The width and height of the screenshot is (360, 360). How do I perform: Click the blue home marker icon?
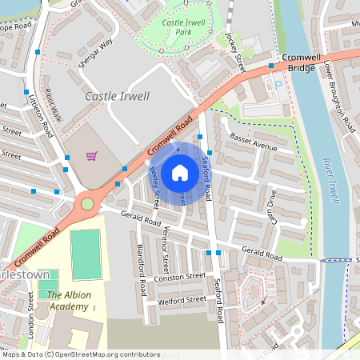click(180, 172)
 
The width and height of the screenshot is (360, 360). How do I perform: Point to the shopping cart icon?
click(92, 156)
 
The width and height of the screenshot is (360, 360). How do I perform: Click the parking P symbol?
click(278, 84)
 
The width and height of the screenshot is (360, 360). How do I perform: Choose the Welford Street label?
click(183, 300)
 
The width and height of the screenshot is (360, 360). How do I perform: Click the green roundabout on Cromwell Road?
click(87, 204)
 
